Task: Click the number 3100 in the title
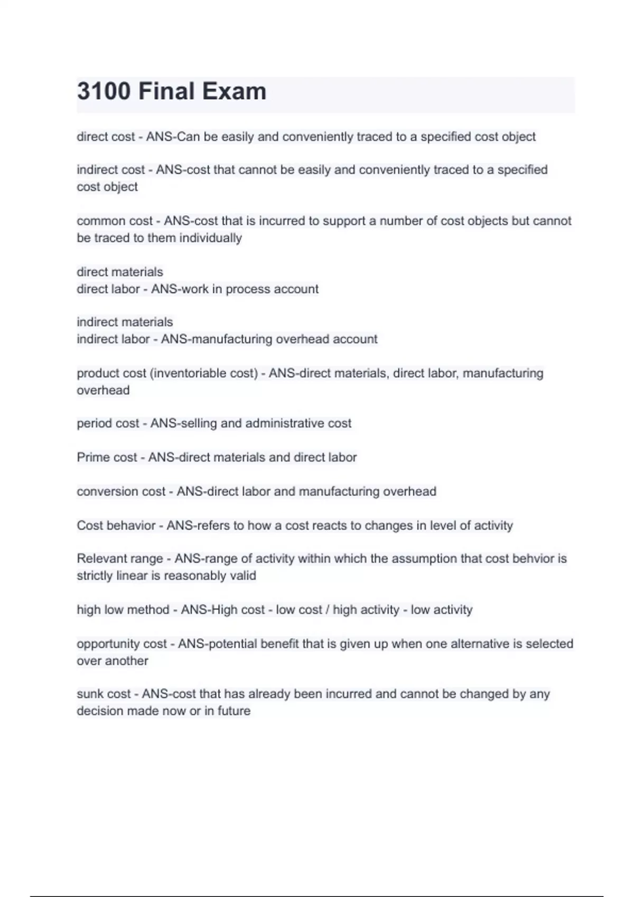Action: [104, 91]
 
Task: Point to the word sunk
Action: [90, 694]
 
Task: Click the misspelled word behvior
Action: [533, 558]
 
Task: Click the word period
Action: [91, 423]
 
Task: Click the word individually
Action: [210, 238]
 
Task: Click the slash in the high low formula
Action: [328, 610]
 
